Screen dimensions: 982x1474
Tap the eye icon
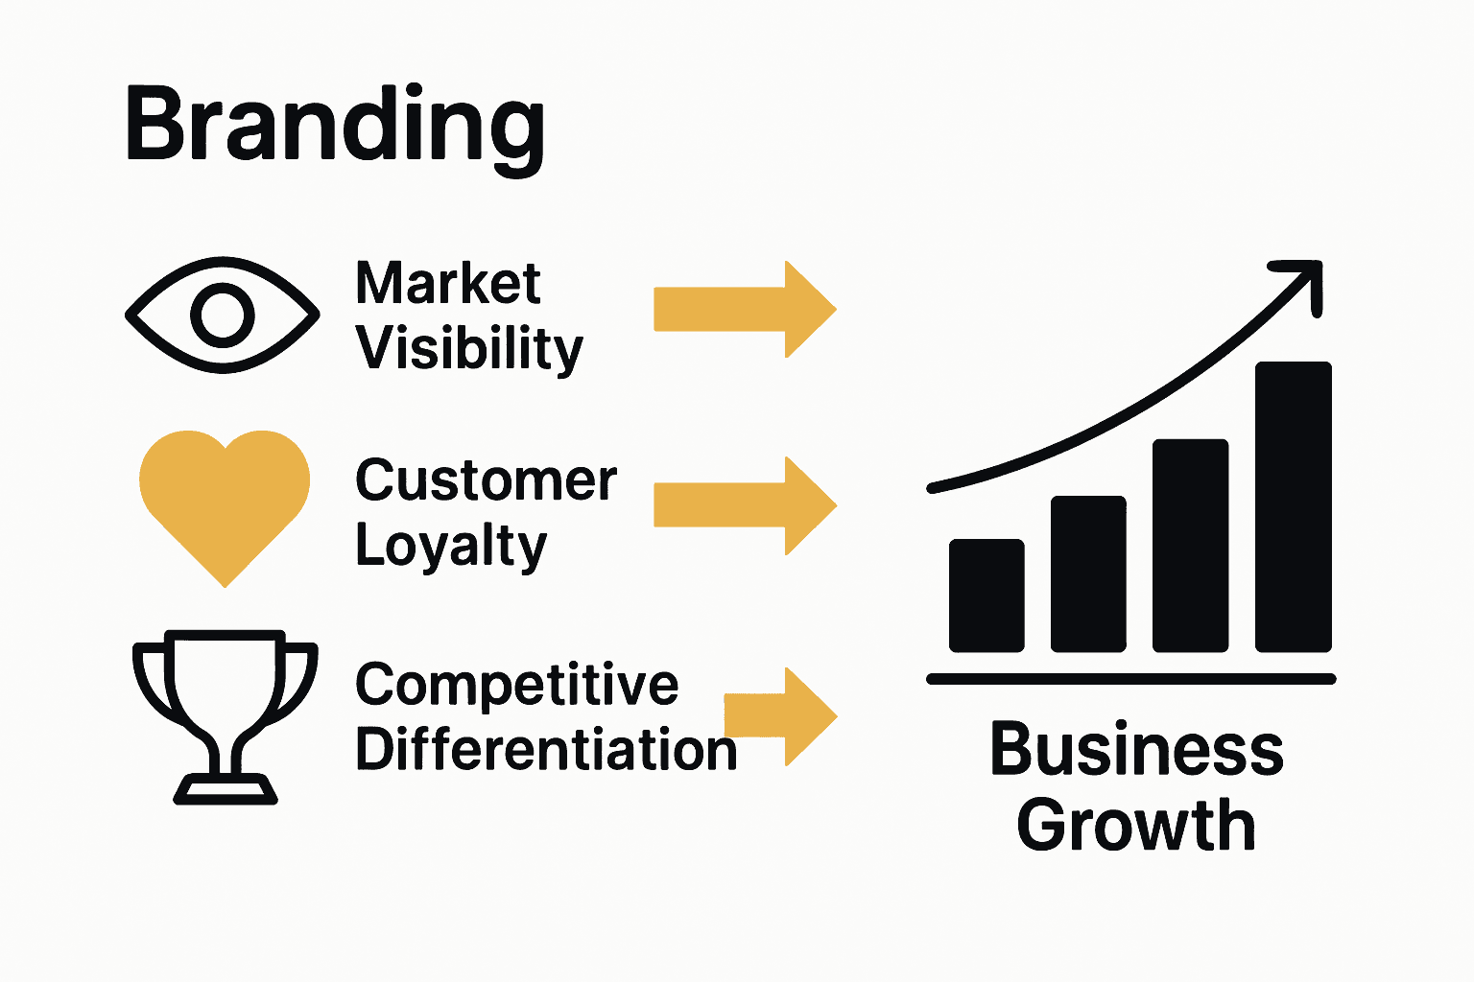click(223, 315)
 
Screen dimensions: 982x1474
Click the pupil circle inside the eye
click(223, 315)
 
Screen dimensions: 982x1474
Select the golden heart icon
click(225, 499)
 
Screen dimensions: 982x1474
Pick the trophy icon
click(225, 710)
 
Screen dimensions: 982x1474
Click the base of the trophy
click(226, 791)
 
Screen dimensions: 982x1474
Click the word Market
click(447, 284)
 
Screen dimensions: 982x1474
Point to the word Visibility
click(469, 348)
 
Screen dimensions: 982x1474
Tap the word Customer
click(486, 480)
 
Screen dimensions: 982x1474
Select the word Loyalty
click(451, 547)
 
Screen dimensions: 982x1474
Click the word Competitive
click(516, 685)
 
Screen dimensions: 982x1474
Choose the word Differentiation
click(546, 749)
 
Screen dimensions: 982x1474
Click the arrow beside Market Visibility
click(745, 310)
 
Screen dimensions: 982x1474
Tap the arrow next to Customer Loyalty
click(745, 505)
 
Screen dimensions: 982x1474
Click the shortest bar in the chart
click(987, 596)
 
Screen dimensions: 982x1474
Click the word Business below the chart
click(1136, 750)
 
